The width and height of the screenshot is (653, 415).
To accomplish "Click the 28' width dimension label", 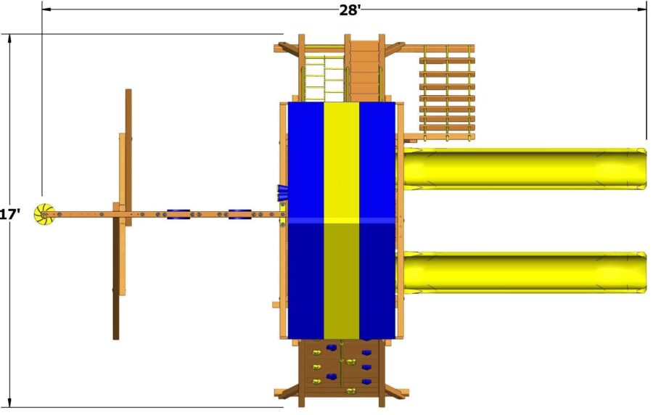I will point(350,9).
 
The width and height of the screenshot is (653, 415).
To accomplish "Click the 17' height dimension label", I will point(9,215).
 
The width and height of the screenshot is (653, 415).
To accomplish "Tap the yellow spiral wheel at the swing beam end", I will point(45,214).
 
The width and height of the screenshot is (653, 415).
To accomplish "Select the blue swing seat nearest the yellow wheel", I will point(178,214).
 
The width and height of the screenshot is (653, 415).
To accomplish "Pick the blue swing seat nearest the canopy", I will point(240,214).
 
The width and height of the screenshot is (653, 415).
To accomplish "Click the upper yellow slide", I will point(522,168).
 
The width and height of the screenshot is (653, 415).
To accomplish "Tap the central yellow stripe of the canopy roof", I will point(341,218).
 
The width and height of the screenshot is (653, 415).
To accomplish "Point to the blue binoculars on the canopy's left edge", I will point(282,192).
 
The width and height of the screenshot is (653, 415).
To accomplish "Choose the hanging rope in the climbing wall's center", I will point(342,366).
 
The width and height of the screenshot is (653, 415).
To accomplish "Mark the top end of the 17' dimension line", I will point(10,35).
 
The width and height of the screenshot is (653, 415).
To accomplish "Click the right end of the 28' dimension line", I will point(646,10).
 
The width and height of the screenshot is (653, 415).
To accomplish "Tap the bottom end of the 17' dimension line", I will point(10,406).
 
